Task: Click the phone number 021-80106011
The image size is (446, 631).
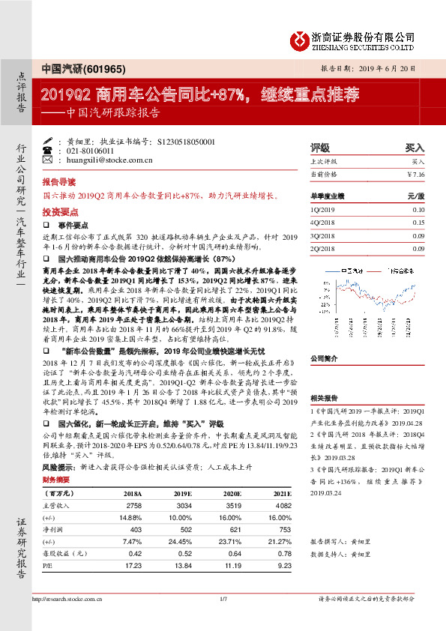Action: [90, 151]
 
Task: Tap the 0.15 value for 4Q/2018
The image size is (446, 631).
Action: [418, 223]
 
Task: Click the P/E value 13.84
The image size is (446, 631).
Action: [184, 564]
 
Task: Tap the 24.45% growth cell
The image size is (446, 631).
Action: [182, 541]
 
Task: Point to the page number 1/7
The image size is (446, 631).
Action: [223, 599]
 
